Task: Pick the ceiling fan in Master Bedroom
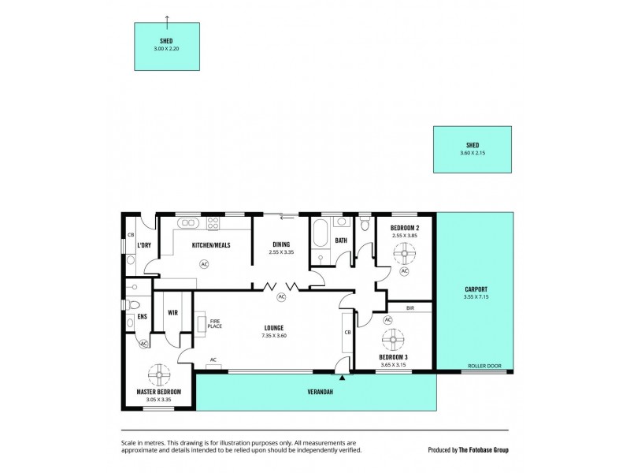pyautogui.click(x=158, y=373)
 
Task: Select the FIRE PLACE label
pyautogui.click(x=214, y=322)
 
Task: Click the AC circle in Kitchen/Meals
pyautogui.click(x=205, y=264)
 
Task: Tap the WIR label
pyautogui.click(x=173, y=312)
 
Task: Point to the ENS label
pyautogui.click(x=143, y=317)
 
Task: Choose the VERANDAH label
pyautogui.click(x=315, y=392)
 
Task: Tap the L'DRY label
pyautogui.click(x=143, y=245)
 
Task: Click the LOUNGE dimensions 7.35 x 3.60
pyautogui.click(x=273, y=335)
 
